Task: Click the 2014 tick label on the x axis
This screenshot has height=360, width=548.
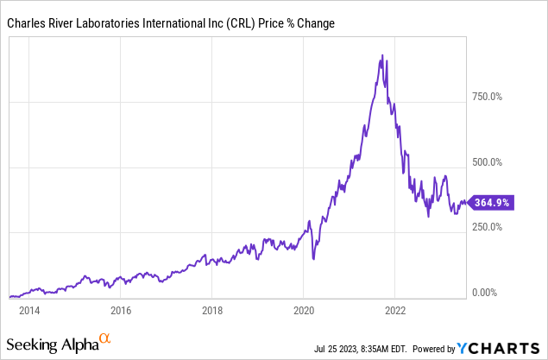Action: (28, 310)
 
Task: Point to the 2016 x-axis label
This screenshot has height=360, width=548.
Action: (121, 310)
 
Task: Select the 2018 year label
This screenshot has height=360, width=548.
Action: (212, 310)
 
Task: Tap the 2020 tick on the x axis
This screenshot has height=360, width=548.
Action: (304, 310)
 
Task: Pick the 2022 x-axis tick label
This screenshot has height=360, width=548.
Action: (395, 310)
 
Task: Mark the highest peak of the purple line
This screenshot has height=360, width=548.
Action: (381, 56)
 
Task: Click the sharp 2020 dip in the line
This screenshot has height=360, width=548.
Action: (313, 258)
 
